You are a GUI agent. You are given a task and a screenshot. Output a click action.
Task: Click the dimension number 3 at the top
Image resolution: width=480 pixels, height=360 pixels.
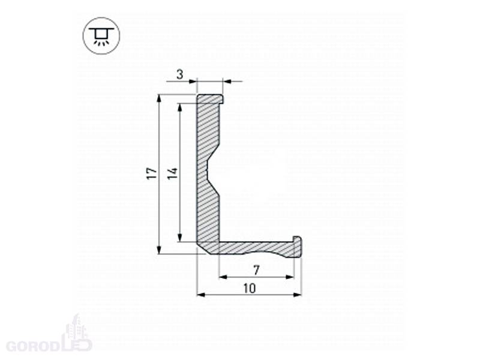tap(180, 74)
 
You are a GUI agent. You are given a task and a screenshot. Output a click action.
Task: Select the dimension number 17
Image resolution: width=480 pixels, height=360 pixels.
tap(152, 173)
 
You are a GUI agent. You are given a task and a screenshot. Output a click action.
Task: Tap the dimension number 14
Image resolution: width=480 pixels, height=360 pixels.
tap(173, 173)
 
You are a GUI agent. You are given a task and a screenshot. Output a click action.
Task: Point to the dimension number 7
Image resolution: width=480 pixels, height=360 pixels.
tap(257, 270)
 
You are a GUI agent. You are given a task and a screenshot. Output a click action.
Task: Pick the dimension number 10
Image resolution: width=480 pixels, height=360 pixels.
tap(250, 289)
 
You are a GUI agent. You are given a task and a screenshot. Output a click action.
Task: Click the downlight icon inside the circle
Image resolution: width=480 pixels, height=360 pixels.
tap(101, 36)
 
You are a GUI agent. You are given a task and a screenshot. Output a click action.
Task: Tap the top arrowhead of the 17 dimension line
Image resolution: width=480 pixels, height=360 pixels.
tap(159, 99)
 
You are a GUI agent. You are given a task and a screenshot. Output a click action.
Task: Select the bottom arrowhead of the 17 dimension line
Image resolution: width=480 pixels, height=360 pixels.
tap(159, 250)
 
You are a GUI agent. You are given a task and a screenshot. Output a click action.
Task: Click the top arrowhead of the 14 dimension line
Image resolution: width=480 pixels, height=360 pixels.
tap(180, 108)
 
